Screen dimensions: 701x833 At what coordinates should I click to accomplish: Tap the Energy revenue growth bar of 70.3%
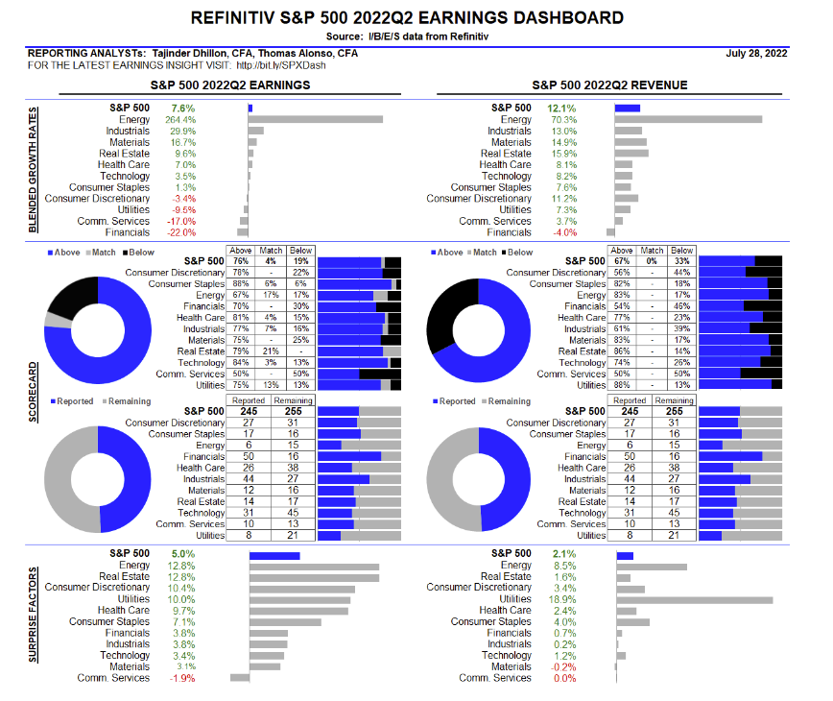pyautogui.click(x=687, y=119)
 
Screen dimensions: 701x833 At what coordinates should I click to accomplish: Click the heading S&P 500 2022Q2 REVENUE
pyautogui.click(x=609, y=85)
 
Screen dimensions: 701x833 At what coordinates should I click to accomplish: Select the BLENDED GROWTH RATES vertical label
pyautogui.click(x=33, y=169)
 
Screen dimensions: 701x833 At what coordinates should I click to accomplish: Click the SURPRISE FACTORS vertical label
pyautogui.click(x=33, y=616)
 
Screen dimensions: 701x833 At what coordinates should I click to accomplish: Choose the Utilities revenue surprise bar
pyautogui.click(x=695, y=600)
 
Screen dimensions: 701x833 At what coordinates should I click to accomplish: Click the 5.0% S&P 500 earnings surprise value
pyautogui.click(x=181, y=553)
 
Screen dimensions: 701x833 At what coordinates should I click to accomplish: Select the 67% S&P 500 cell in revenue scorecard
pyautogui.click(x=621, y=260)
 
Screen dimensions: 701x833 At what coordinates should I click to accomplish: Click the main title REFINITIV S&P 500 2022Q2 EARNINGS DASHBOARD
pyautogui.click(x=407, y=17)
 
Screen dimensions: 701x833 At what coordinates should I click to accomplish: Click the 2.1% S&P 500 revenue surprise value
pyautogui.click(x=562, y=553)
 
